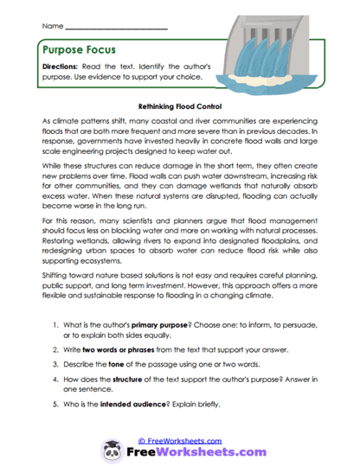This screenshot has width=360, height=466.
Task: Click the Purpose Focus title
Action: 79,51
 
